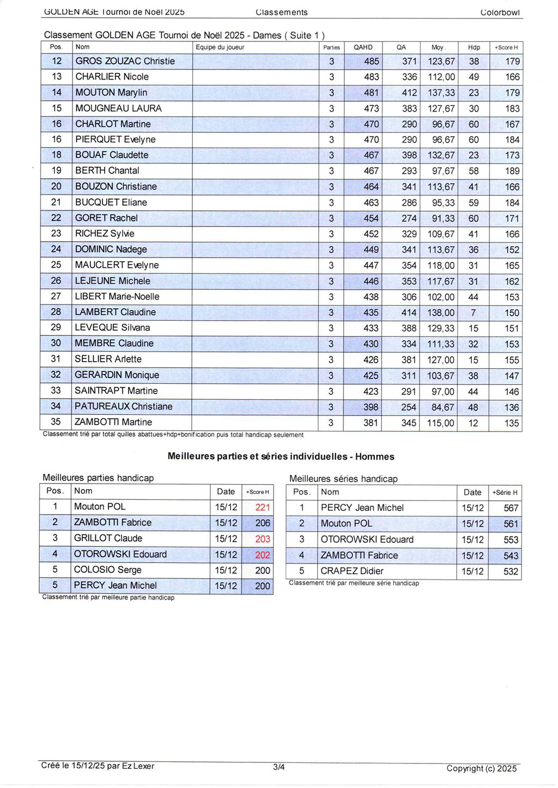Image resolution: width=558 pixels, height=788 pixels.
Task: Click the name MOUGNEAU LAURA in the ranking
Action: point(118,108)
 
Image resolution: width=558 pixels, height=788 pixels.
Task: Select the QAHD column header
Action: point(363,47)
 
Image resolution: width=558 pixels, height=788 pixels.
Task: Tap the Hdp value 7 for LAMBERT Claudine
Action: point(473,313)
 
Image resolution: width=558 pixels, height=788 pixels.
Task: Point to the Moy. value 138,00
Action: point(441,313)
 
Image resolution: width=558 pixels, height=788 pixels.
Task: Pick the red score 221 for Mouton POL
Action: point(263,507)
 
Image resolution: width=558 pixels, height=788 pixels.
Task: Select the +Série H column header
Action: point(505,492)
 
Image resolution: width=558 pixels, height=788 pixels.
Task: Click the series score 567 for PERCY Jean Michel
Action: point(511,508)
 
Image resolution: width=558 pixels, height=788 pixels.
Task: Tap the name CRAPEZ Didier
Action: point(352,571)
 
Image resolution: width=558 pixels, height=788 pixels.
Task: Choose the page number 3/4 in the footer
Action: point(279,767)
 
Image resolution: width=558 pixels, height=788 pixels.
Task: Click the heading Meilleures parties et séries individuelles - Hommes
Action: point(281,457)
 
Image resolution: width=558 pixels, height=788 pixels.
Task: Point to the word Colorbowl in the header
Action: point(500,13)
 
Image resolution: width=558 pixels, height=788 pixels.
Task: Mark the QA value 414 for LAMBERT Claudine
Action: point(409,313)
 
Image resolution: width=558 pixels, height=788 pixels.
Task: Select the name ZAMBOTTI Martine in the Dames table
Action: point(113,422)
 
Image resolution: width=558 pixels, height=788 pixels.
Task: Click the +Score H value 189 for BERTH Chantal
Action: point(512,171)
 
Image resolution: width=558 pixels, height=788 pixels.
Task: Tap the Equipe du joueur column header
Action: point(220,47)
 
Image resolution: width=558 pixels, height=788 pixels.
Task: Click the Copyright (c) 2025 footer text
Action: point(481,768)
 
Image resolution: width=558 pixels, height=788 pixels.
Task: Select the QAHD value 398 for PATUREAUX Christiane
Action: point(371,407)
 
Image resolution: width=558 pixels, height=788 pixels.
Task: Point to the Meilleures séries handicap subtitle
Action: point(343,479)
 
